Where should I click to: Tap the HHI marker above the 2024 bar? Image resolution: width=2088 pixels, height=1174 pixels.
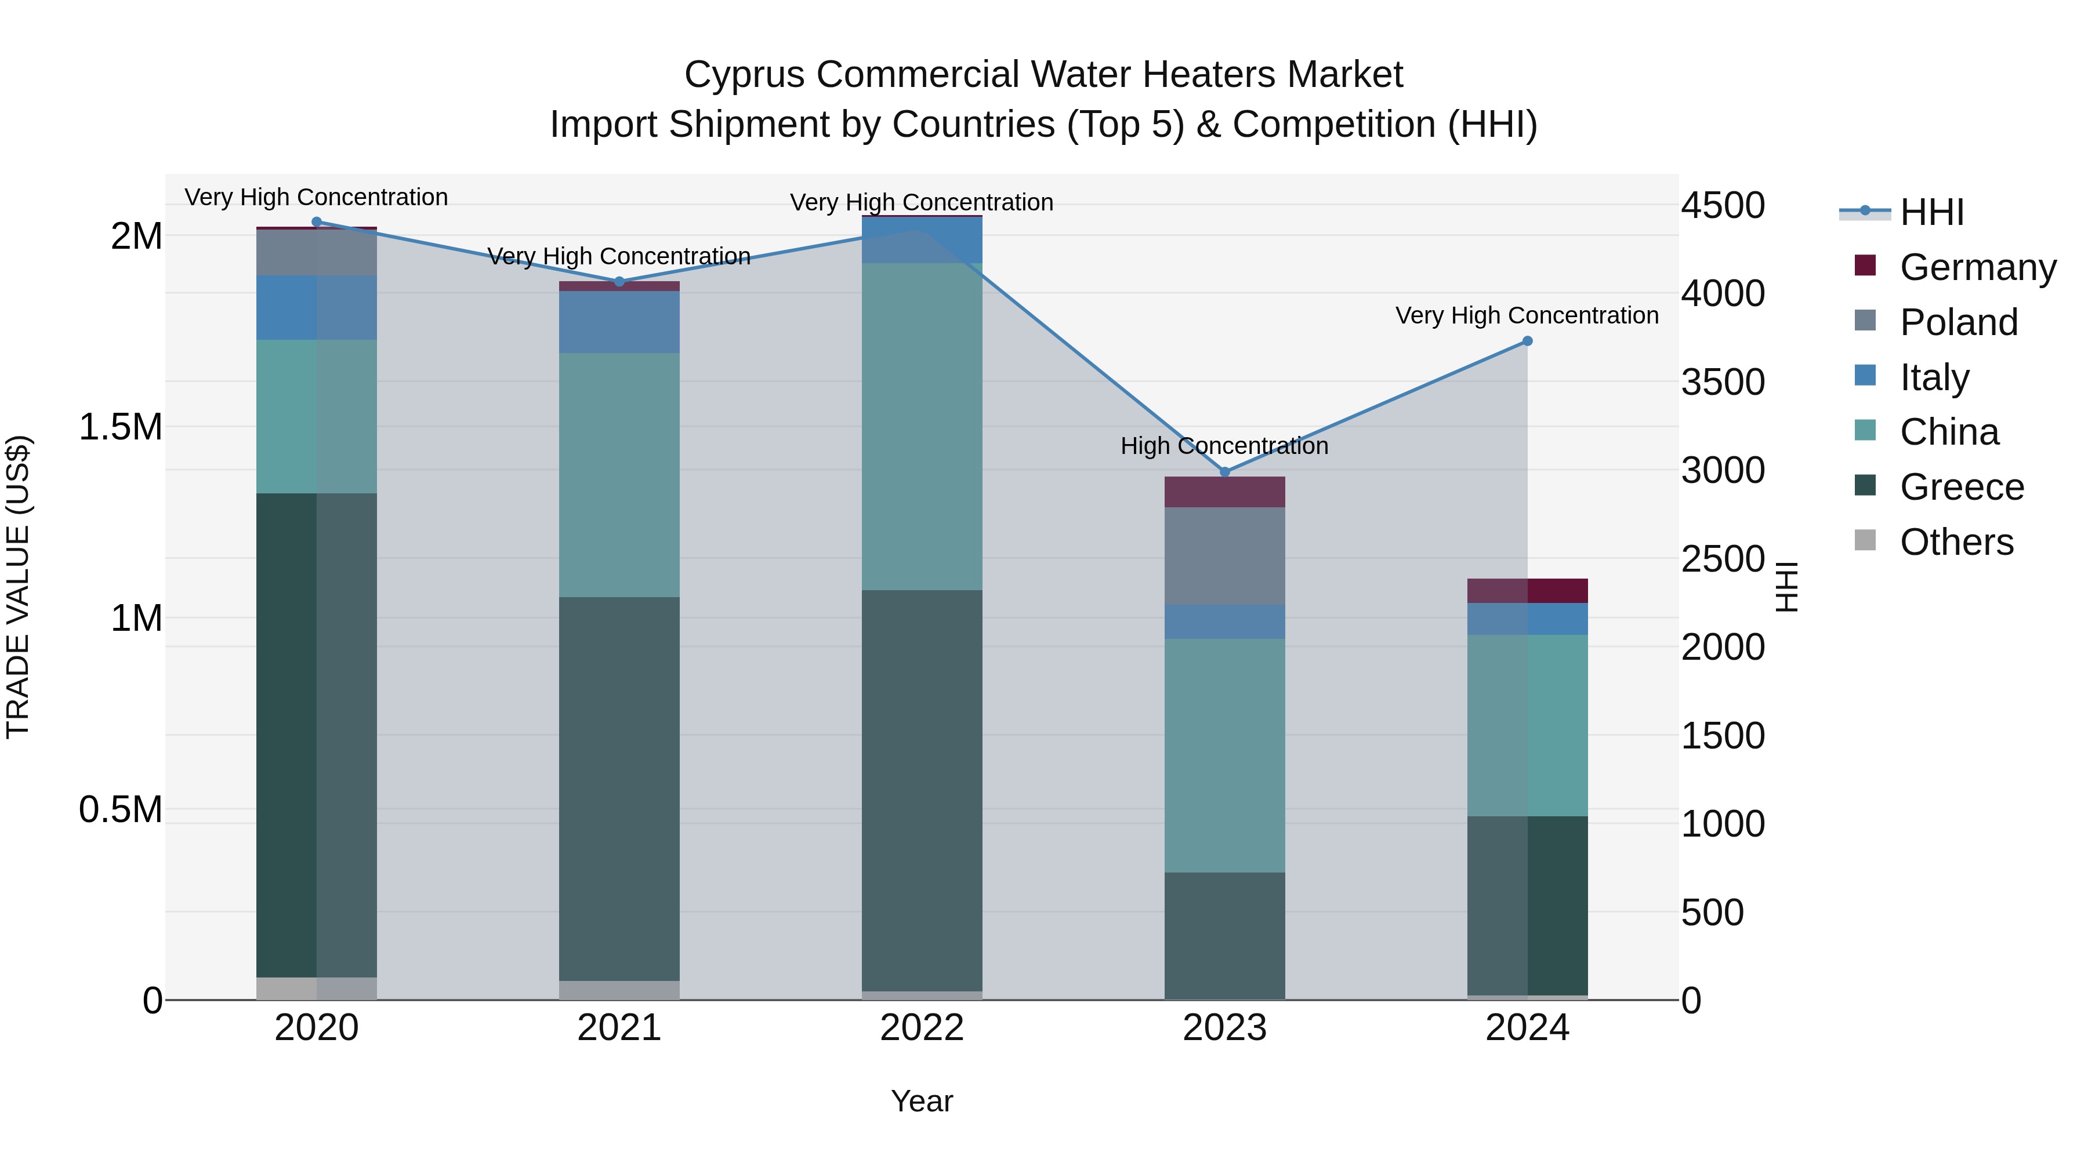point(1527,341)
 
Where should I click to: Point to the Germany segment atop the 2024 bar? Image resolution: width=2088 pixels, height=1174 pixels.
point(1527,591)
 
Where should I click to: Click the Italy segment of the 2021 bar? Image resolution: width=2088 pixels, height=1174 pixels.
point(619,322)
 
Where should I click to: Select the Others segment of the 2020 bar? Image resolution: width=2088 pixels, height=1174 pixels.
point(316,988)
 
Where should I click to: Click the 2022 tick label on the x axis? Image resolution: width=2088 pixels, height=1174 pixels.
point(922,1028)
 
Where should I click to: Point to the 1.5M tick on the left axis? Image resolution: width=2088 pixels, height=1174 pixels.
point(121,427)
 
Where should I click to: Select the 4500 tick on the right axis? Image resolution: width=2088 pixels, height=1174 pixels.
point(1723,205)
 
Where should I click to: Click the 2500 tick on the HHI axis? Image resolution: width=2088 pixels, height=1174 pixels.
point(1723,558)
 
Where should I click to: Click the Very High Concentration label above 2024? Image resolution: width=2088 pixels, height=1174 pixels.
point(1527,315)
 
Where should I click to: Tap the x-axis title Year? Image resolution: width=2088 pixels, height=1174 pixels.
point(922,1101)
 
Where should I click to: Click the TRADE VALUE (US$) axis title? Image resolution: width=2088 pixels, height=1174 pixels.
point(18,587)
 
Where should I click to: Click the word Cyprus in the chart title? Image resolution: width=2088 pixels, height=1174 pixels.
point(744,75)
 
